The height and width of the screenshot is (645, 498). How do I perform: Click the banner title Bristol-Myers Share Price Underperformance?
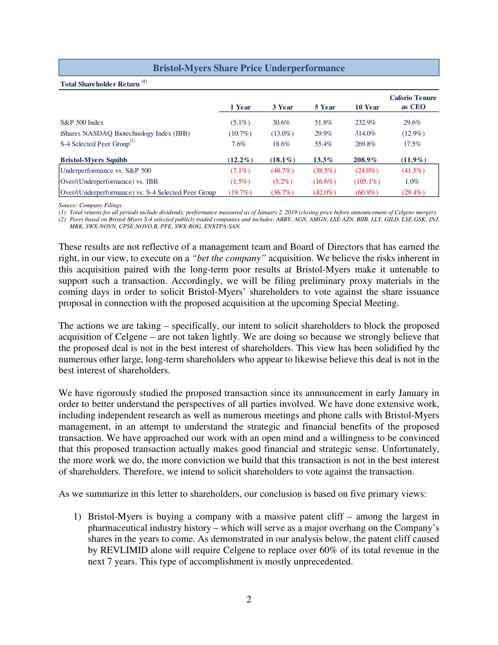(x=248, y=68)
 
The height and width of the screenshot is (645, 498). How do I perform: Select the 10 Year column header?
(x=367, y=107)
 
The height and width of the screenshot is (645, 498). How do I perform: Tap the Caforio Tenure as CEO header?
(x=413, y=102)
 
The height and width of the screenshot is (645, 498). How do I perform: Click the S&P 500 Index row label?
(x=82, y=122)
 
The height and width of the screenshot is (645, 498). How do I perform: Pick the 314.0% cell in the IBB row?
(x=365, y=133)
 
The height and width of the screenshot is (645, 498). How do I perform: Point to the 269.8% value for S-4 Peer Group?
(x=365, y=144)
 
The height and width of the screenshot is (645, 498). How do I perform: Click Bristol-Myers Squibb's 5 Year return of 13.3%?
(x=323, y=159)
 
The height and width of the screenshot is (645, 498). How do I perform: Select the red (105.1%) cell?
(x=367, y=181)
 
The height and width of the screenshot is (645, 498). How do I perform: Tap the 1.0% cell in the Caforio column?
(x=412, y=181)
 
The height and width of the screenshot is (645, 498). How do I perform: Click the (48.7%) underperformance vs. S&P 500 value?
(x=282, y=170)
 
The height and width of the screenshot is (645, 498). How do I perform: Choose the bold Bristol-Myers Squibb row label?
(x=94, y=159)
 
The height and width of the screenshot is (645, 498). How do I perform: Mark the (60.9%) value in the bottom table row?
(x=367, y=192)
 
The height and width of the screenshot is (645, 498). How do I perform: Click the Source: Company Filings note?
(x=91, y=205)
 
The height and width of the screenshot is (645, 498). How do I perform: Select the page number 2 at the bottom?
(x=249, y=599)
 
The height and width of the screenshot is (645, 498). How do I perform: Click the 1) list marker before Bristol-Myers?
(x=77, y=517)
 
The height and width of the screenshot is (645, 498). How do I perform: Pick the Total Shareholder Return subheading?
(x=100, y=84)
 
